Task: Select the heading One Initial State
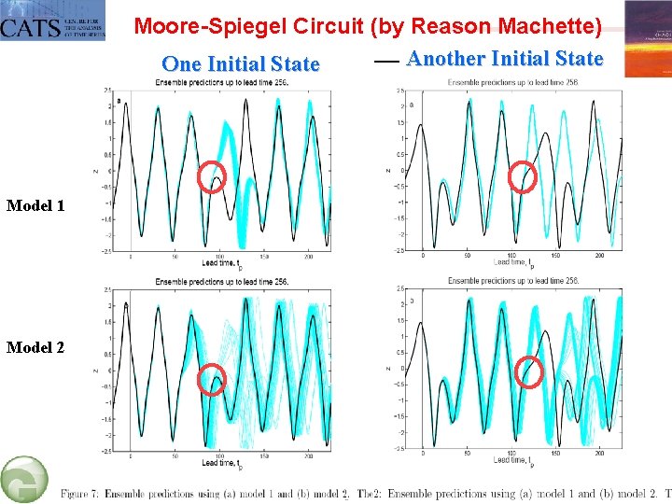[240, 64]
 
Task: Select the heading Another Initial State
[505, 59]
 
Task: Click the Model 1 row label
[35, 205]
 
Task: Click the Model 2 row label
[35, 347]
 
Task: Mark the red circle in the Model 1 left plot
[213, 177]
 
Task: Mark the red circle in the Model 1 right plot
[523, 176]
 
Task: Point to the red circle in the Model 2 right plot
[530, 371]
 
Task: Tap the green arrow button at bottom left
[24, 480]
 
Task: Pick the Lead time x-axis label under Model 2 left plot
[222, 463]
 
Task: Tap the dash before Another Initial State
[386, 59]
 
